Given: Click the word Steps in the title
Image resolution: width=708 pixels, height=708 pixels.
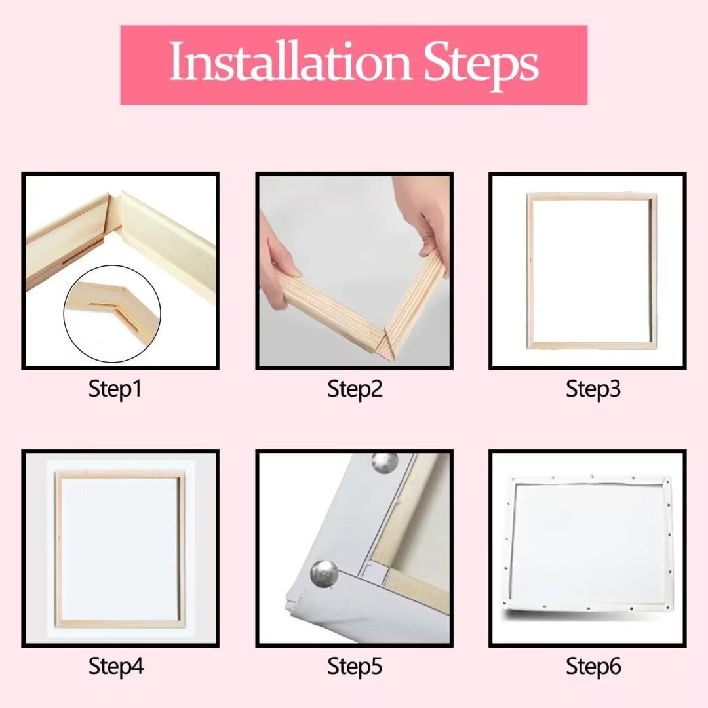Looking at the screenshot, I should (481, 63).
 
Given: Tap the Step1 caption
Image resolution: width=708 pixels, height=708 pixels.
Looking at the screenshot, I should (115, 389).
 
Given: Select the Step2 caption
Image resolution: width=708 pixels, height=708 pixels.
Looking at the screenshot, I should (354, 389).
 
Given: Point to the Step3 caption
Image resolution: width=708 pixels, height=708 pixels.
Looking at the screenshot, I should (593, 389).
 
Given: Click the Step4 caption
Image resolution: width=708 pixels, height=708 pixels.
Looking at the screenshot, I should (115, 666).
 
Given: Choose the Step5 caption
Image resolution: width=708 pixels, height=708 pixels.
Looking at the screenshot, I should (354, 666).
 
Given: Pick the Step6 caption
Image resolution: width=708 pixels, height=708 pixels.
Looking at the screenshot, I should (593, 666).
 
